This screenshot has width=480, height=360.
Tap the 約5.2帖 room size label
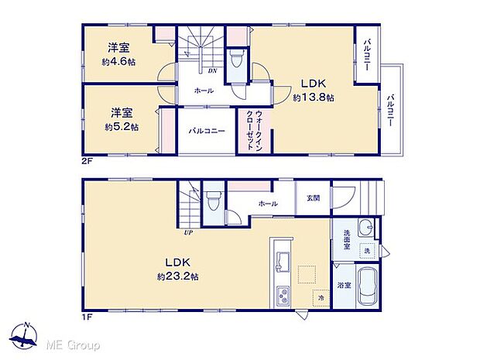pos(122,126)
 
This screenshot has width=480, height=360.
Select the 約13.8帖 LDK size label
pos(314,98)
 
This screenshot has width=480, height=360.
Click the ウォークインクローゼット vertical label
pos(255,132)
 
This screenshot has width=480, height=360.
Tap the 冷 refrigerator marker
pos(318,297)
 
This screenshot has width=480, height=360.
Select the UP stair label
pos(188,231)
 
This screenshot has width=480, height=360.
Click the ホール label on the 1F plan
pos(267,203)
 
